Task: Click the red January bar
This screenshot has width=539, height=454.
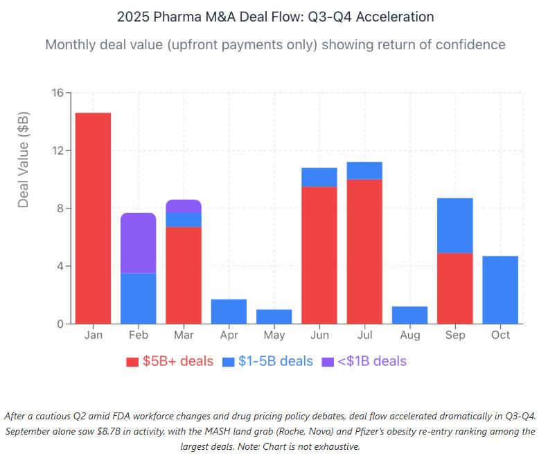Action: tap(93, 218)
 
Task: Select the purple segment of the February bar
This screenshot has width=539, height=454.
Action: tap(138, 243)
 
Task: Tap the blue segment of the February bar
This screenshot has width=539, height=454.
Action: tap(138, 298)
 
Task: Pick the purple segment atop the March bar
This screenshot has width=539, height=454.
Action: tap(184, 206)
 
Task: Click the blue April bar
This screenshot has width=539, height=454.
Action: tap(229, 311)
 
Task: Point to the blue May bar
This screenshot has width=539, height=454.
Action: tap(274, 316)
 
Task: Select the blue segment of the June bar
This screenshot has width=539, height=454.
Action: tap(319, 177)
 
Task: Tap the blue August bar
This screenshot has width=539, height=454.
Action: tap(409, 315)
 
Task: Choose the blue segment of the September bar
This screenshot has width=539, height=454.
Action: tap(455, 225)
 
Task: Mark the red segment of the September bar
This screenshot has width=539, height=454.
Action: tap(455, 288)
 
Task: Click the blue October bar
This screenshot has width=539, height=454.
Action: tap(500, 290)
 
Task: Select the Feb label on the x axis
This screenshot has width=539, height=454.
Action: tap(138, 335)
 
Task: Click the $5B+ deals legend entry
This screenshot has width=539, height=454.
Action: tap(170, 361)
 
